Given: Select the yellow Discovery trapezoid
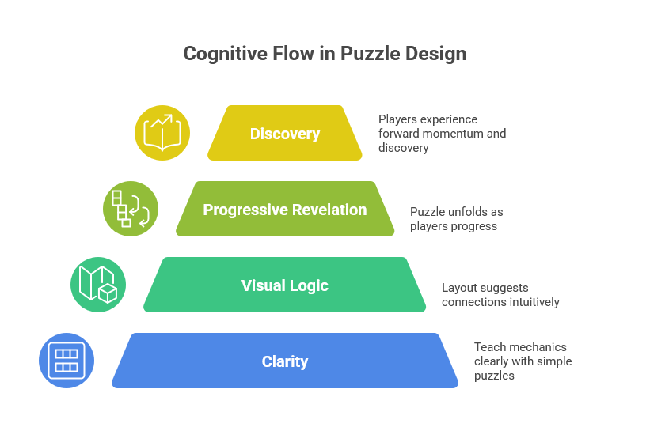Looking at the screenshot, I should (x=285, y=134).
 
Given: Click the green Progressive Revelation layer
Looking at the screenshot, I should (x=285, y=210).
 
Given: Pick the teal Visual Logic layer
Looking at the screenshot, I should (x=285, y=285).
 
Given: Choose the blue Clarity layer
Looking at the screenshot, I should (x=285, y=361).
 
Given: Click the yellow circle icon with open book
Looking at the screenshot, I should (x=162, y=133).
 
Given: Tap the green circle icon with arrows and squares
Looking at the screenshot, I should (x=131, y=209).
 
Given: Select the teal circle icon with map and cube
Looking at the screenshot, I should (x=98, y=285).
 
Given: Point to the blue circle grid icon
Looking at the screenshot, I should (x=67, y=361).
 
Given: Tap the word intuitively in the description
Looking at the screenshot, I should (x=530, y=302).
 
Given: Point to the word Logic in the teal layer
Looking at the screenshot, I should (x=310, y=285).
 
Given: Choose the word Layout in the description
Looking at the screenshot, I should (x=458, y=288).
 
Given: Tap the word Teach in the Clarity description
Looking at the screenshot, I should (x=488, y=347).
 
